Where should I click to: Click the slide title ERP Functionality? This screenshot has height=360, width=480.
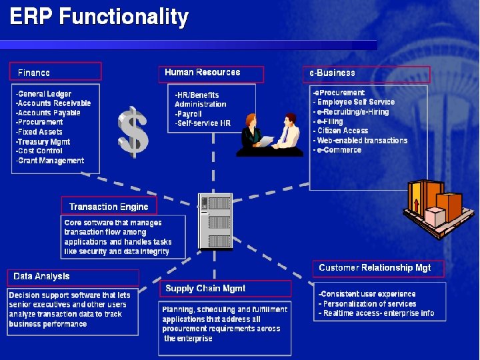(99, 17)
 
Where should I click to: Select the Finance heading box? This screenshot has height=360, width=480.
(55, 71)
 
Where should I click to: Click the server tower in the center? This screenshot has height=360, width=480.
(216, 221)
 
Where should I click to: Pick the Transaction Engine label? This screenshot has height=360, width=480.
(109, 206)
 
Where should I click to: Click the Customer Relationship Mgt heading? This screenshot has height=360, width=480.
(375, 268)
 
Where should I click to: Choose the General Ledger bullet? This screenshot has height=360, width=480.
(44, 94)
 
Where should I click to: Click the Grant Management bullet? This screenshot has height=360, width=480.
(50, 161)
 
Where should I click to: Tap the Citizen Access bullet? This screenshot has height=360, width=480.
(341, 131)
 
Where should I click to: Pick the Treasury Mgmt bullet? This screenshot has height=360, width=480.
(43, 141)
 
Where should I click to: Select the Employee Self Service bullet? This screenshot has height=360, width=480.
(355, 102)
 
